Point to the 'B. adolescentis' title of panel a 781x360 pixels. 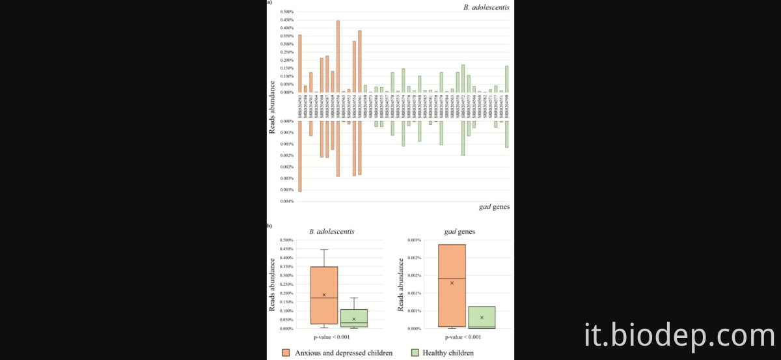pos(487,7)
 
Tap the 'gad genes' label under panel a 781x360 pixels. pos(494,207)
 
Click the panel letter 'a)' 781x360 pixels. pos(269,3)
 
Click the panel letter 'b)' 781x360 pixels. pos(269,225)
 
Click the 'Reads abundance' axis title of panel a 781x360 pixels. pos(273,107)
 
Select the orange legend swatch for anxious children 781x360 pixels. pos(286,353)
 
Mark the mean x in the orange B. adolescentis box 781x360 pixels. pos(324,295)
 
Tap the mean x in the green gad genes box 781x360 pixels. pos(482,318)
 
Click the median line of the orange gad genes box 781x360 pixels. pos(452,279)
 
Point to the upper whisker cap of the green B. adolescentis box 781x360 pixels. pos(354,298)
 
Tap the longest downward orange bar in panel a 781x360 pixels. pos(299,156)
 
